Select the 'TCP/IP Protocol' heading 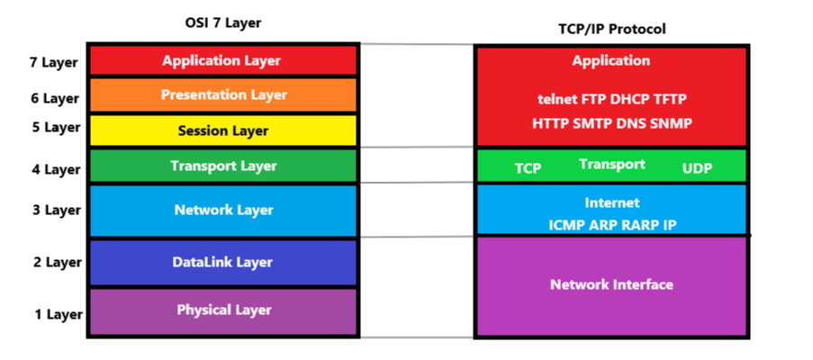[x=611, y=29]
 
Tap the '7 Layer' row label [x=54, y=63]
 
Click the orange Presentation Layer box [x=223, y=94]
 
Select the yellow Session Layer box [x=223, y=130]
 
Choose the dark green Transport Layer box [x=223, y=166]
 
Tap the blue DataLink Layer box [x=223, y=263]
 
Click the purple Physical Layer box [x=223, y=310]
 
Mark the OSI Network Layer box [x=223, y=211]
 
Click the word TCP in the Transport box [x=528, y=168]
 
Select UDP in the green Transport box [x=697, y=168]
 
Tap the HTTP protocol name [x=549, y=122]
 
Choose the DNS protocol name [x=634, y=122]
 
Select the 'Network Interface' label [x=611, y=284]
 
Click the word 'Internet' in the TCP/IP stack [x=611, y=202]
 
